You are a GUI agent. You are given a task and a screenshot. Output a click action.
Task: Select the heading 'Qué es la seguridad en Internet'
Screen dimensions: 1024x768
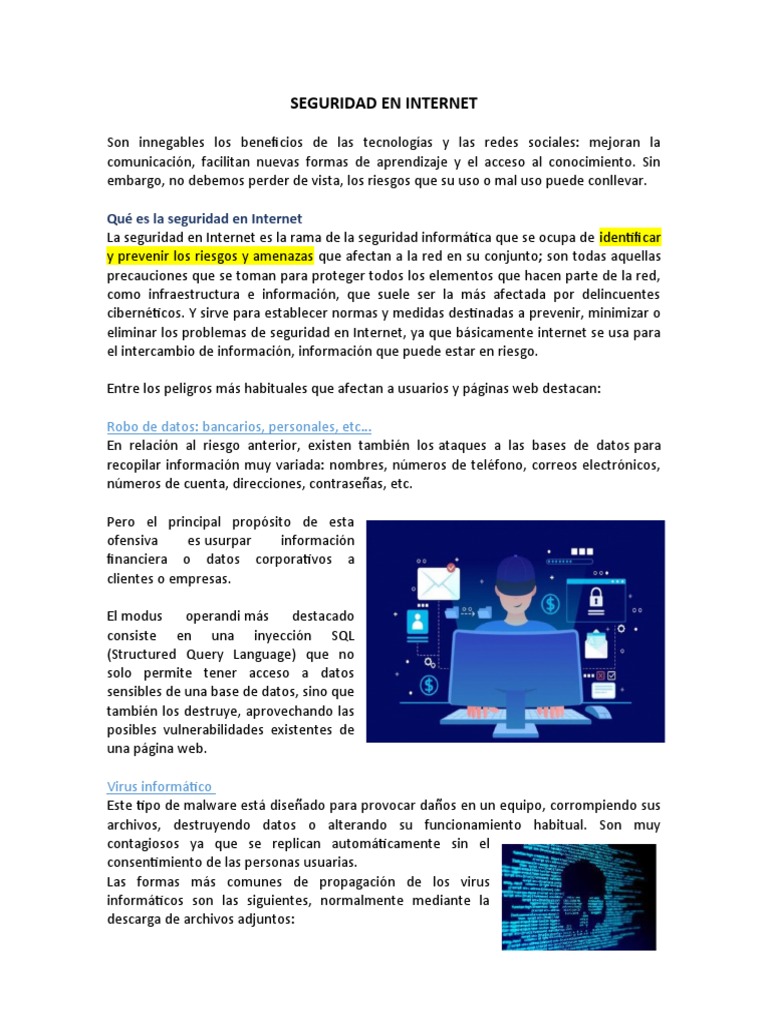pyautogui.click(x=204, y=218)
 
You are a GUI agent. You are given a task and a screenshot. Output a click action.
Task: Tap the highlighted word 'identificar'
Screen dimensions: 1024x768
pyautogui.click(x=630, y=237)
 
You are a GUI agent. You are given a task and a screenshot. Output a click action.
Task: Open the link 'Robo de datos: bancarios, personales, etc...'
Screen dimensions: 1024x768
pyautogui.click(x=239, y=425)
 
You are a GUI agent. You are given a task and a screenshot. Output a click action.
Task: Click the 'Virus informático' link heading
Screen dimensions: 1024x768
pyautogui.click(x=160, y=786)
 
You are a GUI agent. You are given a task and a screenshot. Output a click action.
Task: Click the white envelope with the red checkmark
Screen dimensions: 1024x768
pyautogui.click(x=437, y=580)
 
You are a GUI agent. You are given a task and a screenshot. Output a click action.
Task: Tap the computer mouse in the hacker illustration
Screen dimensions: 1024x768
pyautogui.click(x=597, y=712)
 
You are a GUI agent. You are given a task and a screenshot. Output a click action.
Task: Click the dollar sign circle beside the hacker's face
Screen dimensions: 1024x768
pyautogui.click(x=550, y=604)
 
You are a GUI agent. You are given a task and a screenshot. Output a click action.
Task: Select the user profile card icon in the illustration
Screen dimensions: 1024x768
pyautogui.click(x=416, y=624)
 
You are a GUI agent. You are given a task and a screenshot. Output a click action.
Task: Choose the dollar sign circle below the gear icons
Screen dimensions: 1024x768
pyautogui.click(x=430, y=685)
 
